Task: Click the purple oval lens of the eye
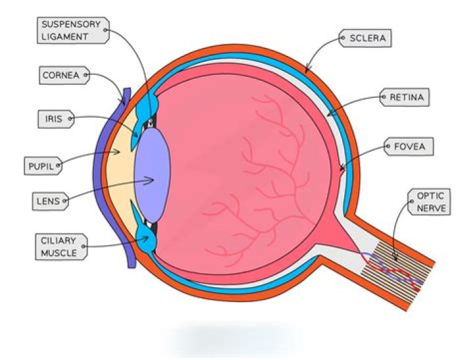(x=153, y=174)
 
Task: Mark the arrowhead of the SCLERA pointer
(x=306, y=70)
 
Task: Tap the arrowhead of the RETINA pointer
(x=329, y=116)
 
